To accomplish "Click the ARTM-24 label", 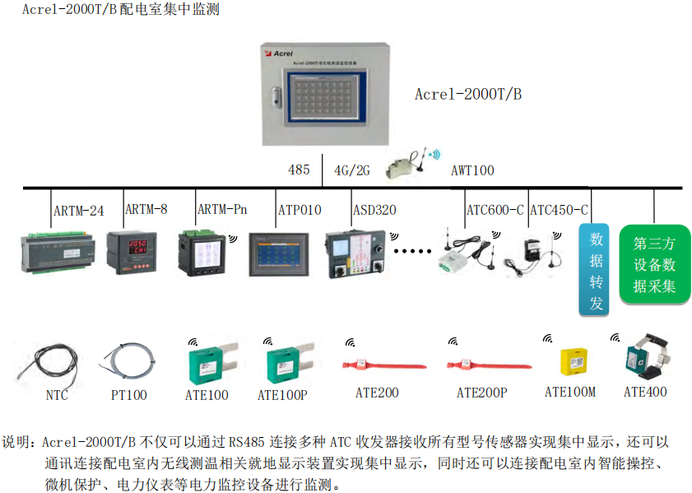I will pos(79,212).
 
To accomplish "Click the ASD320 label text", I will pos(374,210).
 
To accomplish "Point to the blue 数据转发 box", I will pos(597,271).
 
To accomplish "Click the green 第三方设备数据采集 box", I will pos(654,265).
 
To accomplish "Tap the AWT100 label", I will pos(472,171).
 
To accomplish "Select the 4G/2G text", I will pos(351,170).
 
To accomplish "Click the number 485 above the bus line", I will pos(299,170).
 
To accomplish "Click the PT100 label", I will pos(129,395).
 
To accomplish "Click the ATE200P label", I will pos(481,393).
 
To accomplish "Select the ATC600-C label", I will pos(495,210).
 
